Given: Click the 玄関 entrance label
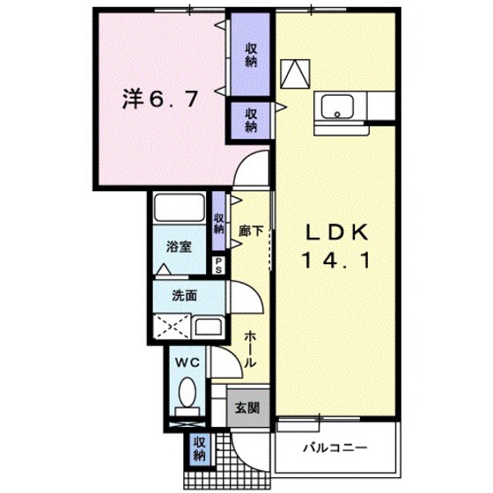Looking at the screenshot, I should tap(246, 408).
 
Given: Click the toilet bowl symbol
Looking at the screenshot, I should tap(187, 393).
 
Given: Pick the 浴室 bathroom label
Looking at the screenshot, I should tap(180, 246).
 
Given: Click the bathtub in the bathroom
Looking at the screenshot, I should tap(179, 210).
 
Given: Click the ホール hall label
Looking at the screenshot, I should tap(250, 349).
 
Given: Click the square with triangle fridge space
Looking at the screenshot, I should tap(296, 72).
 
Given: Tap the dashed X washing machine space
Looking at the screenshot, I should tap(171, 327).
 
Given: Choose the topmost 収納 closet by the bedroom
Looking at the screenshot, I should tap(251, 55).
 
